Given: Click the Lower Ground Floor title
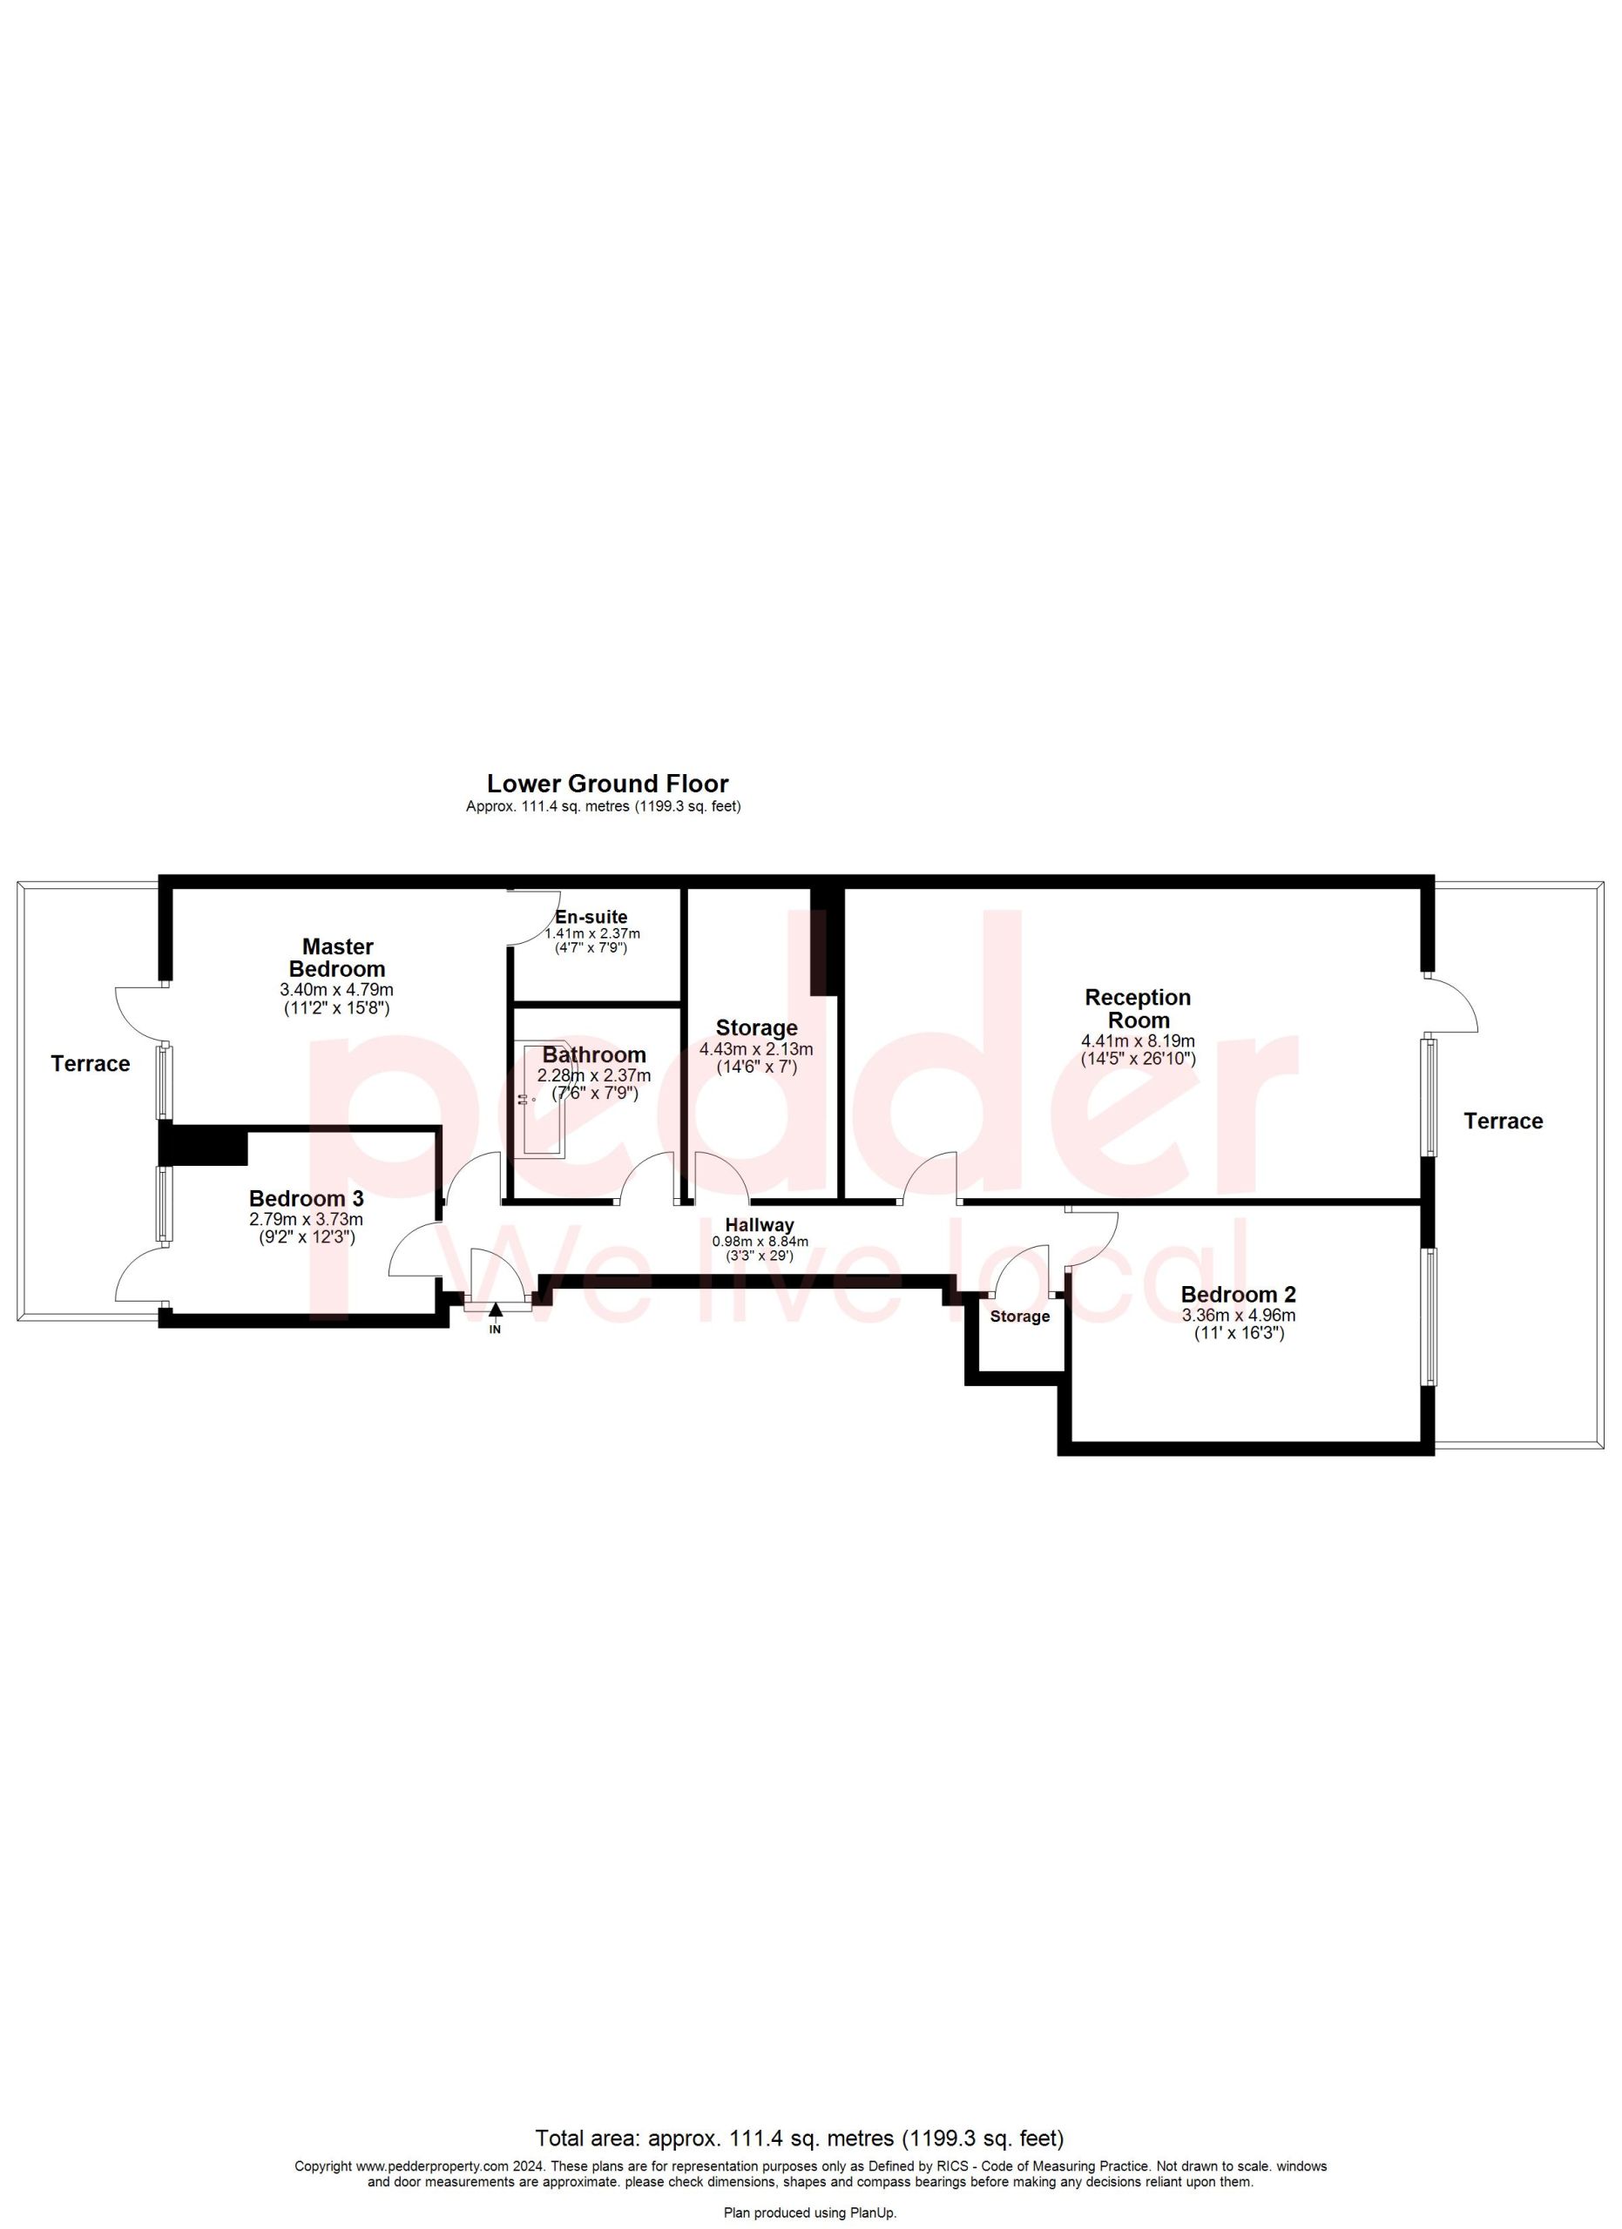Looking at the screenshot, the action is point(607,784).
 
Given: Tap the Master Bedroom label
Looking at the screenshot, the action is point(337,957).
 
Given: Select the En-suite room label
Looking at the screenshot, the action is point(591,917).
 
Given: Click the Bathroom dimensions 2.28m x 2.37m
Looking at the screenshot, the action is point(594,1076).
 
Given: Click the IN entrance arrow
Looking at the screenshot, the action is point(496,1310).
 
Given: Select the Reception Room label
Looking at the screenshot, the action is point(1138,1008).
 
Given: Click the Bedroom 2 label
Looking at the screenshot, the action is point(1239,1295).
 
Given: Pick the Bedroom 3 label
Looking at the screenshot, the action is point(307,1198).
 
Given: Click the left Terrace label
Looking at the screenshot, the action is point(91,1063).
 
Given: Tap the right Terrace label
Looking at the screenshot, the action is point(1503,1121).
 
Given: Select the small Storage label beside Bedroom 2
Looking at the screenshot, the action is point(1019,1317).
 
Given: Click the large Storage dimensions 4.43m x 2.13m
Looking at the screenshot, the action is point(756,1050).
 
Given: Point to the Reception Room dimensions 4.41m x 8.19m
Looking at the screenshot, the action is point(1139,1041).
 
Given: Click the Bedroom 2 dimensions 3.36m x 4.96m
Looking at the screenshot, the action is point(1239,1316).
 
